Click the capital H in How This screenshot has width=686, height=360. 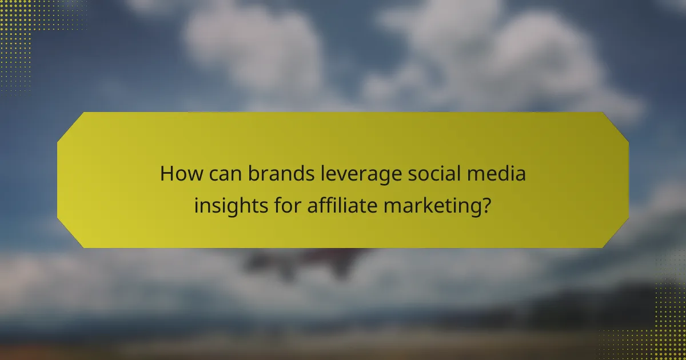166,173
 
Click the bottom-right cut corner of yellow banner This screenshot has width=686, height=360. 617,236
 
